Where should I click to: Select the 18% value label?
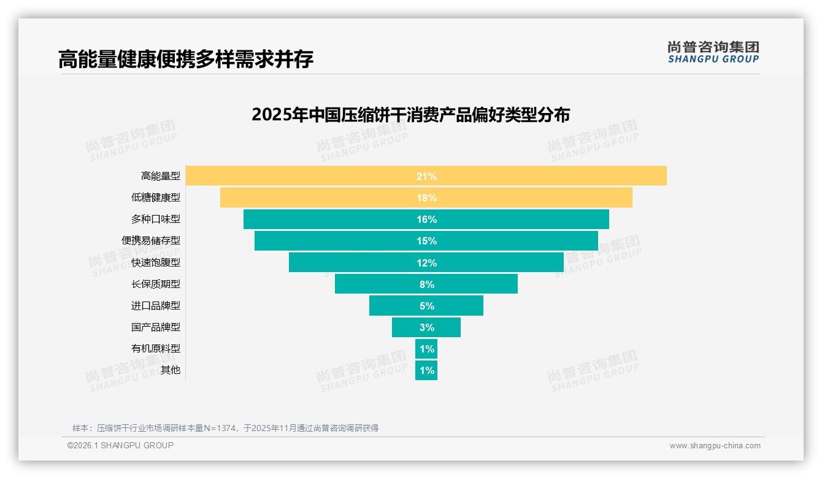pyautogui.click(x=426, y=198)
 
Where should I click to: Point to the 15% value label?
pyautogui.click(x=426, y=241)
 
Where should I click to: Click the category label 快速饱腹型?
pyautogui.click(x=156, y=262)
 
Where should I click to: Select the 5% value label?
pyautogui.click(x=426, y=306)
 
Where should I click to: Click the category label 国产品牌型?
pyautogui.click(x=156, y=327)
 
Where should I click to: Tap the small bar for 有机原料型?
pyautogui.click(x=426, y=349)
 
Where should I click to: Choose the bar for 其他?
pyautogui.click(x=426, y=370)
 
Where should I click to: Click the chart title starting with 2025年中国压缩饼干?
pyautogui.click(x=410, y=115)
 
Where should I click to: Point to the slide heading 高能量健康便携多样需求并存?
pyautogui.click(x=186, y=60)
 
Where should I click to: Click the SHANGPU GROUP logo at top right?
pyautogui.click(x=713, y=52)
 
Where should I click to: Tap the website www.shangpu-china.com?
pyautogui.click(x=715, y=446)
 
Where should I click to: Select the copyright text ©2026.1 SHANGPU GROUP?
pyautogui.click(x=120, y=445)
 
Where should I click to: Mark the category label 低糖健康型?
pyautogui.click(x=156, y=198)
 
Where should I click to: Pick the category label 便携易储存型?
pyautogui.click(x=151, y=241)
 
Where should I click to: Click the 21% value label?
pyautogui.click(x=426, y=176)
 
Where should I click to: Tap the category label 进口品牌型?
pyautogui.click(x=156, y=305)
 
